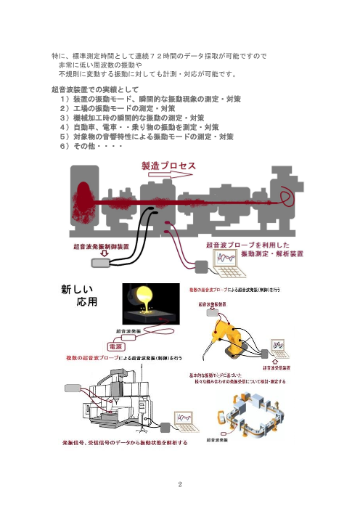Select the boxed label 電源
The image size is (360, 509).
tap(120, 346)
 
